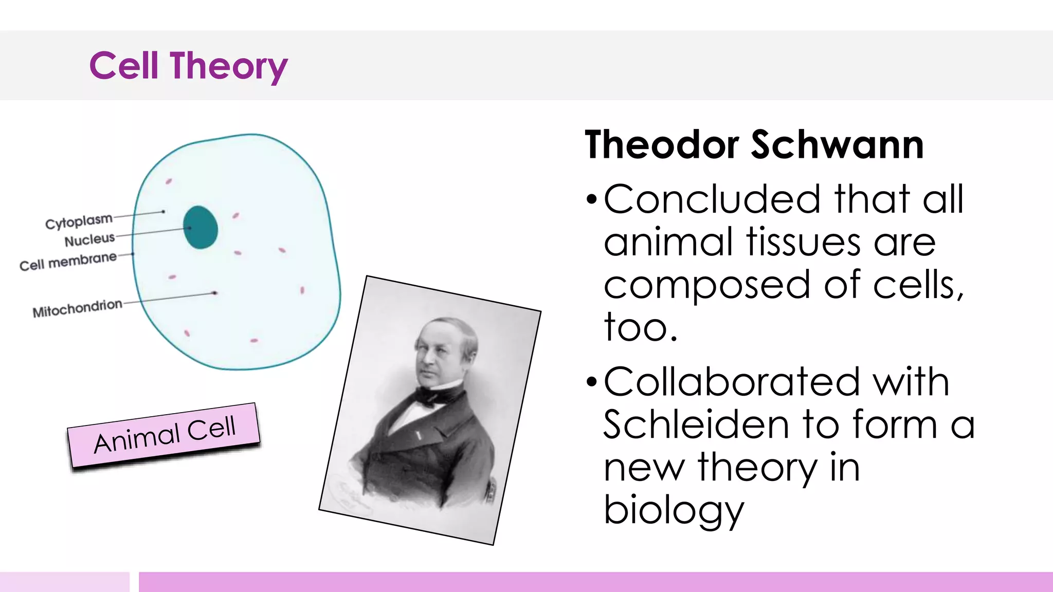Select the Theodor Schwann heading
pyautogui.click(x=754, y=145)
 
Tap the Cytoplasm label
pyautogui.click(x=79, y=221)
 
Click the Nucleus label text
pyautogui.click(x=89, y=239)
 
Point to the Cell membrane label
pyautogui.click(x=68, y=261)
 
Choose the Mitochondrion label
pyautogui.click(x=77, y=308)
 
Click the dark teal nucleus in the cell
pyautogui.click(x=201, y=228)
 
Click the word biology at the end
pyautogui.click(x=674, y=511)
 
